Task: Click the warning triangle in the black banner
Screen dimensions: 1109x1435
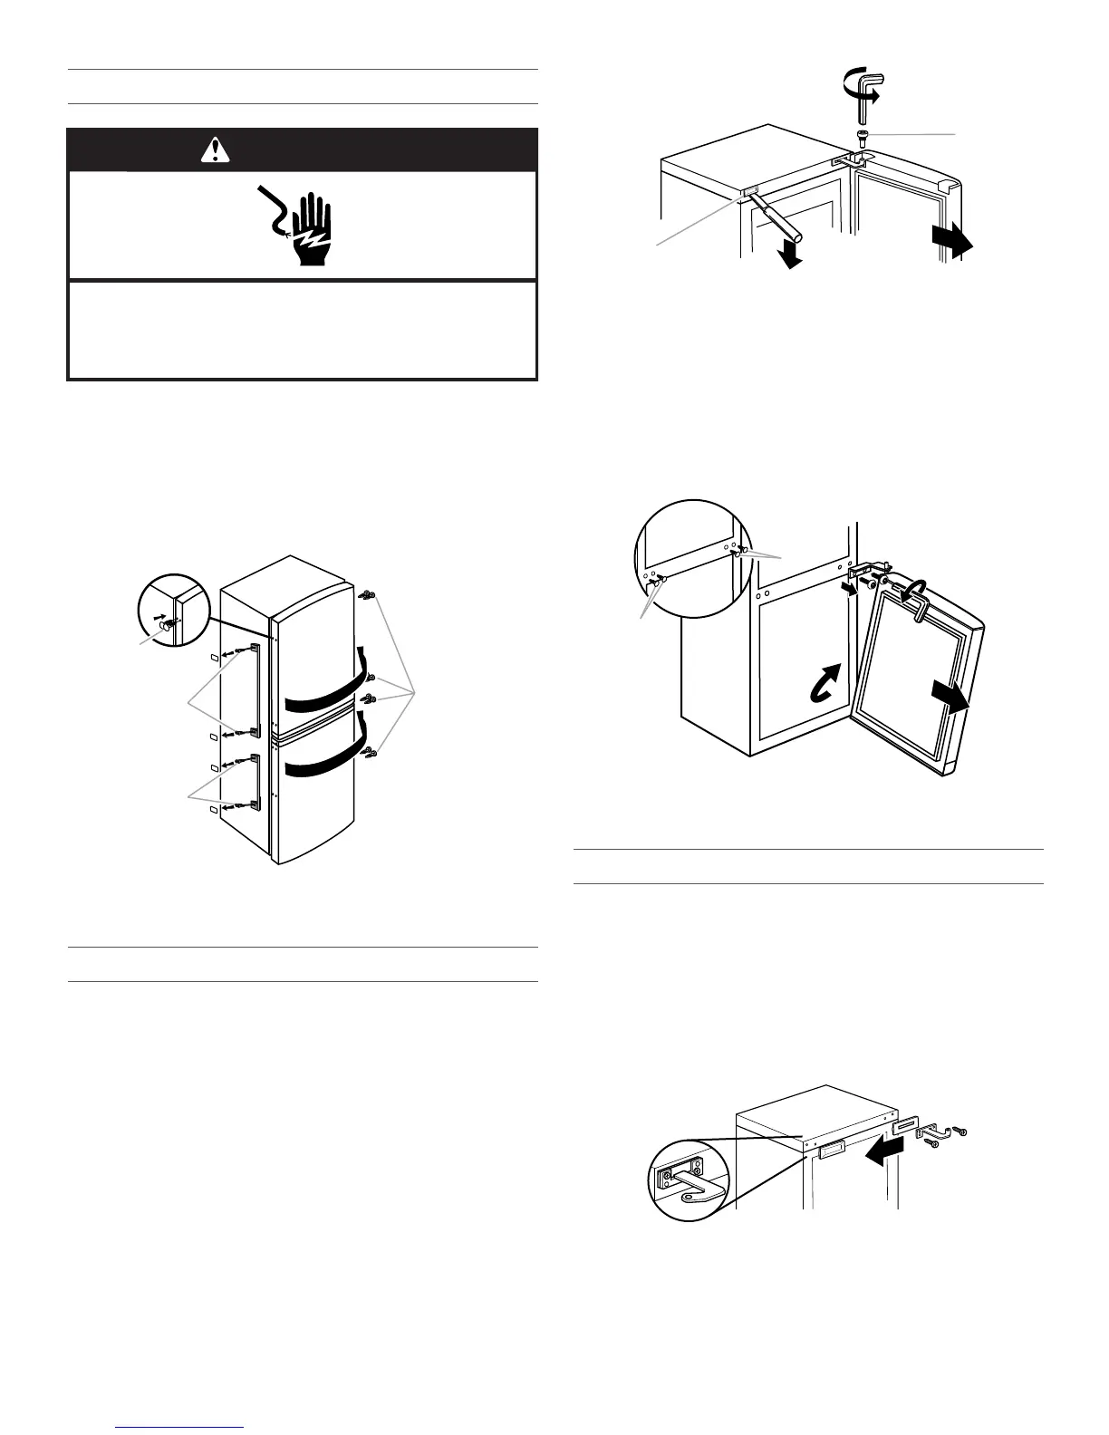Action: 215,149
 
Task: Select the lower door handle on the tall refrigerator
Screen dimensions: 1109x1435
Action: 255,780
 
